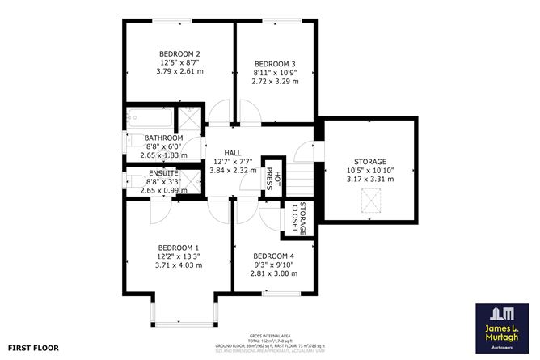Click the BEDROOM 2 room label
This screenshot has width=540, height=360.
179,54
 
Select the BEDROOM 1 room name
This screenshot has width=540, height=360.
178,248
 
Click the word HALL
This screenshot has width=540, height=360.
233,152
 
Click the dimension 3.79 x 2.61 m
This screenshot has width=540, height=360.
179,72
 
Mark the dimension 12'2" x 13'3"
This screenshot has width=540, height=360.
178,256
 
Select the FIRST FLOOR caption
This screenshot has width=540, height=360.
35,349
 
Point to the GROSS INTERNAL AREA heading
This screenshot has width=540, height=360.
269,334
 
